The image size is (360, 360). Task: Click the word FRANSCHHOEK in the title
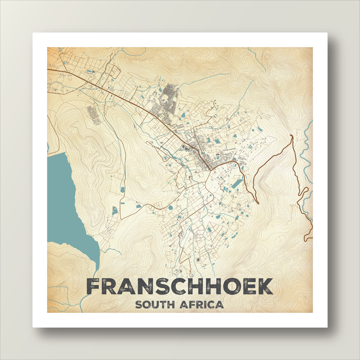[x=180, y=287]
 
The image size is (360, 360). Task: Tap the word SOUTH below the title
[x=155, y=304]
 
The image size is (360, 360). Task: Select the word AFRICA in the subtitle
[x=201, y=304]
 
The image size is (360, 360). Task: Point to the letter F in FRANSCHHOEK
[x=94, y=287]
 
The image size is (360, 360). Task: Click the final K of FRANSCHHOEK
[x=264, y=287]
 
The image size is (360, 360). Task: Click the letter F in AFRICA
[x=192, y=304]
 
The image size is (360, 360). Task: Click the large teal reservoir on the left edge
[x=63, y=204]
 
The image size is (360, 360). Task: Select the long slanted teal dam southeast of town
[x=237, y=184]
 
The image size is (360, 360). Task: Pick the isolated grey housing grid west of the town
[x=93, y=115]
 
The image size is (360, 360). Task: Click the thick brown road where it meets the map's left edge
[x=48, y=70]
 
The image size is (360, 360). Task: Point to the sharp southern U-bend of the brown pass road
[x=257, y=202]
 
